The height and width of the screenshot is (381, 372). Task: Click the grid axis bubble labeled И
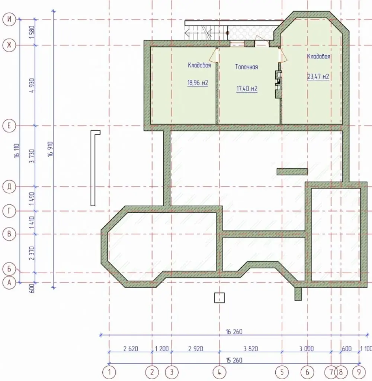coord(9,19)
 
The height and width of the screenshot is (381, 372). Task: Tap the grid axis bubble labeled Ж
coord(9,45)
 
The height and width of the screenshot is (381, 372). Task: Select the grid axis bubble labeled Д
coord(9,187)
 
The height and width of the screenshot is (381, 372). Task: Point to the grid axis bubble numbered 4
coord(219,372)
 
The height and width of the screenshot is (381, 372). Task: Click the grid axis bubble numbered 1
coord(109,372)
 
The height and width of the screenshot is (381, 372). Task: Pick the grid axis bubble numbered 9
coord(359,372)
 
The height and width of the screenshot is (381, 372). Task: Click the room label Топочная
coord(247,67)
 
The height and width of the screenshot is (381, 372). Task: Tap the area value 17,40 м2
coord(247,89)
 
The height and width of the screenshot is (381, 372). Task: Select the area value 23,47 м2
coord(318,77)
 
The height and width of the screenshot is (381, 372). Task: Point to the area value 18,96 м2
coord(198,83)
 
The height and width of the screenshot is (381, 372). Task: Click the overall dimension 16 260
coord(234,332)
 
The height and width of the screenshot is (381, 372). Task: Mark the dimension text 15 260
coord(234,360)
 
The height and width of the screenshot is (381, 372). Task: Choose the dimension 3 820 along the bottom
coord(251,349)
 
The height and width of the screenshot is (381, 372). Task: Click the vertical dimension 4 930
coord(32,85)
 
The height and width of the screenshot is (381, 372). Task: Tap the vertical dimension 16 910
coord(50,149)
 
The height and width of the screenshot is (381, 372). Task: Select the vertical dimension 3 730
coord(32,156)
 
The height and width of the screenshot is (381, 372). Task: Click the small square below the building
coord(219,298)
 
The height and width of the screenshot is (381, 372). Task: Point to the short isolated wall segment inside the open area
coord(292,172)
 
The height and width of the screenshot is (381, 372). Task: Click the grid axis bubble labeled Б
coord(9,269)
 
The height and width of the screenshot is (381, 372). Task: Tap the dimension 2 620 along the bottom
coord(131,349)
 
